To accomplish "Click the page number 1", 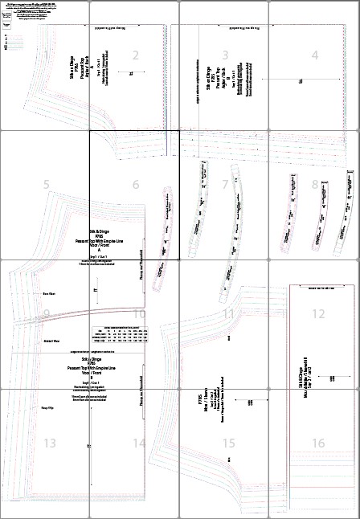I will pyautogui.click(x=47, y=55).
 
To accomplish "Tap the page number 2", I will pyautogui.click(x=136, y=55).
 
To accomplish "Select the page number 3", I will pyautogui.click(x=226, y=55).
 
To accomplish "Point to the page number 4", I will pyautogui.click(x=315, y=55).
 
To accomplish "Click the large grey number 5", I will pyautogui.click(x=47, y=185).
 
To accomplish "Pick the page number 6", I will pyautogui.click(x=136, y=185).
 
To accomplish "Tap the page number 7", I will pyautogui.click(x=226, y=185).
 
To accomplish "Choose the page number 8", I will pyautogui.click(x=315, y=185).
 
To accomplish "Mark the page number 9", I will pyautogui.click(x=47, y=314).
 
